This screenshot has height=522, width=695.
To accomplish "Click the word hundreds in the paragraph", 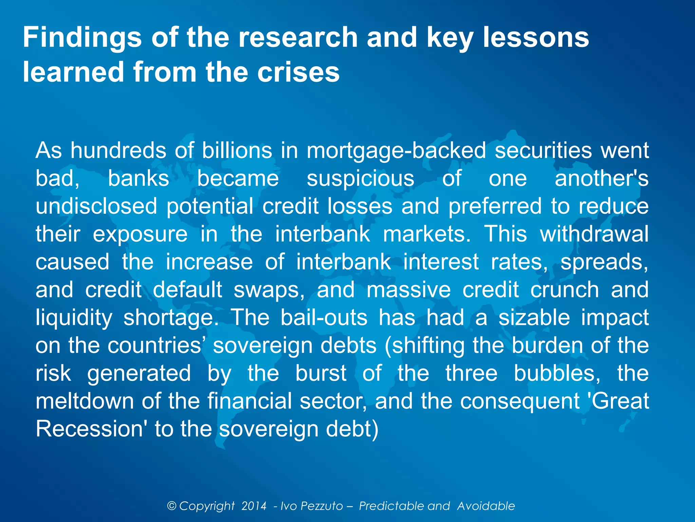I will (118, 150).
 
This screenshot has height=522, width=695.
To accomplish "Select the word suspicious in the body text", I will (360, 179).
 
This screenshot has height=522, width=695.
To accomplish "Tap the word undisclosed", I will (96, 206).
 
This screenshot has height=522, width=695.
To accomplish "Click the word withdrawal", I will (594, 234).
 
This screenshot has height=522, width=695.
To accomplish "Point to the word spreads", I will (604, 262).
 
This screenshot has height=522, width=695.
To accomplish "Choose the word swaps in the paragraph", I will (269, 290).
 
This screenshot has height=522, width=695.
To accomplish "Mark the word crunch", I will (565, 290).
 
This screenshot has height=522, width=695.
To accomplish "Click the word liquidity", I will (74, 318).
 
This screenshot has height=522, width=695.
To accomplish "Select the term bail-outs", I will (324, 317).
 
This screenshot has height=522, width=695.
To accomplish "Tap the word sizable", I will (534, 317).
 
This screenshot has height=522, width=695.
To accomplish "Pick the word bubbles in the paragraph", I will (557, 373).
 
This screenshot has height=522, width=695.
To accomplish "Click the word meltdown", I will (84, 401).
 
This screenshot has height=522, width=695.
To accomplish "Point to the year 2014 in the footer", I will (254, 506).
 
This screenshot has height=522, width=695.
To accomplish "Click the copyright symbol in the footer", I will (172, 506).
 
